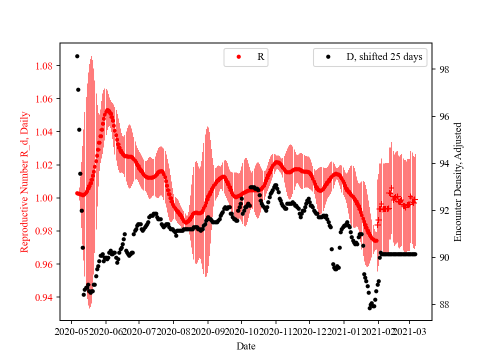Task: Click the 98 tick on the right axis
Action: [x=443, y=69]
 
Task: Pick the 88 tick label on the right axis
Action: [x=443, y=304]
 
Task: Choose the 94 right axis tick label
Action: [x=443, y=163]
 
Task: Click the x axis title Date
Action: [x=246, y=345]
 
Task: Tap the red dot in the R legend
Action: [x=238, y=57]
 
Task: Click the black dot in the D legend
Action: [x=328, y=57]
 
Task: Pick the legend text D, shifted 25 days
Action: [x=384, y=57]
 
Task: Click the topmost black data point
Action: [x=77, y=56]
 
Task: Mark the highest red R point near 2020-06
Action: [x=107, y=109]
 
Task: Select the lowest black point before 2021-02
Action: [x=369, y=308]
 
